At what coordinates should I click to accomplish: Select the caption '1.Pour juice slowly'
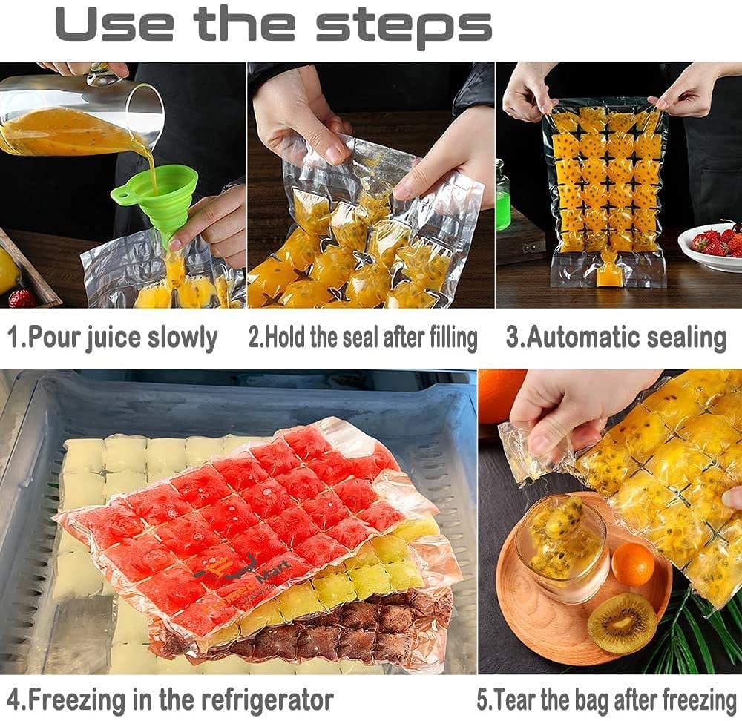[x=112, y=338]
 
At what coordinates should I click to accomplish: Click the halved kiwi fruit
[x=622, y=623]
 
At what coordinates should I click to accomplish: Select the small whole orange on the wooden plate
[x=633, y=564]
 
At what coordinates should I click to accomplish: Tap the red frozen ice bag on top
[x=245, y=512]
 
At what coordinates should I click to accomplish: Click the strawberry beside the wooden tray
[x=22, y=298]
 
